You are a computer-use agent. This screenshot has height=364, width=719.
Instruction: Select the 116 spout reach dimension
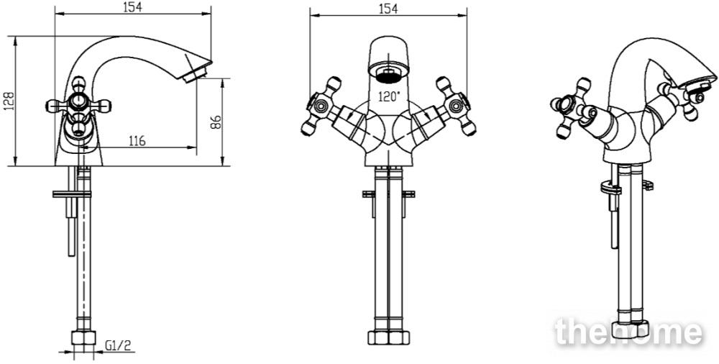click(x=137, y=140)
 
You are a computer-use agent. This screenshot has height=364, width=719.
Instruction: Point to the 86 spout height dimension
click(x=216, y=122)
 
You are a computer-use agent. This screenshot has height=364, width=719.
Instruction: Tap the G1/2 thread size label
click(x=118, y=345)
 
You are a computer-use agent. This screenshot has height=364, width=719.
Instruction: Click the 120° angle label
click(x=389, y=97)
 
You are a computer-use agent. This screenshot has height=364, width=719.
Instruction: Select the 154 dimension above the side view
click(x=132, y=7)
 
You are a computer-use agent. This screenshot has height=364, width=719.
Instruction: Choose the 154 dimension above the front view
click(x=388, y=8)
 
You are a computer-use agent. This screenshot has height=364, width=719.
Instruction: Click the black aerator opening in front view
click(x=388, y=76)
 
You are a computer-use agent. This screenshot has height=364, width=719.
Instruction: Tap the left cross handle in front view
click(x=321, y=106)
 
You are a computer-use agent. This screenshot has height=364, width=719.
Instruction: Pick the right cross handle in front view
click(x=456, y=106)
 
